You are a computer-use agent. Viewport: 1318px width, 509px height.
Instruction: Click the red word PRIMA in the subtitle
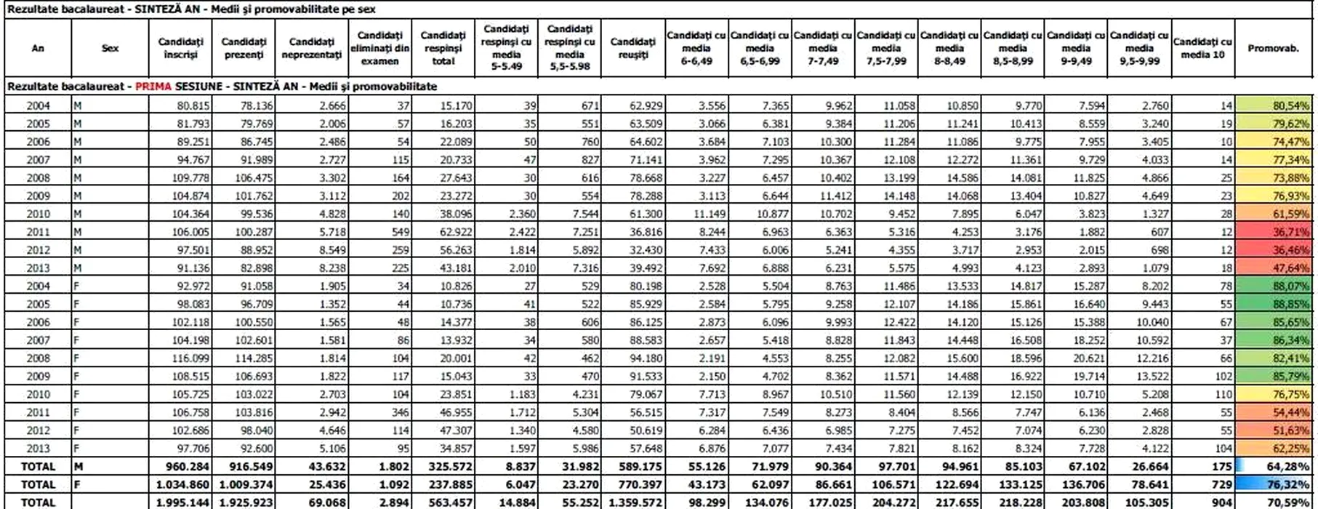tap(153, 87)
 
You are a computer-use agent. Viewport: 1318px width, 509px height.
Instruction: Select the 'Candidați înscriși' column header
tap(181, 48)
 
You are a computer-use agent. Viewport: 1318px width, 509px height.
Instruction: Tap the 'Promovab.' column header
tap(1273, 48)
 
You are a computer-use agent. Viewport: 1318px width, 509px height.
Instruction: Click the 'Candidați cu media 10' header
tap(1202, 48)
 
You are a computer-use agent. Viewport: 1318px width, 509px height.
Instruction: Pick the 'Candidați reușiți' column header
tap(633, 48)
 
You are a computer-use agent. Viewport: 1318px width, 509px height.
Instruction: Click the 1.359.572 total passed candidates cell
tap(634, 502)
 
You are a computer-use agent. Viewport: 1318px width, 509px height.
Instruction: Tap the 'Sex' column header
tap(110, 48)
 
